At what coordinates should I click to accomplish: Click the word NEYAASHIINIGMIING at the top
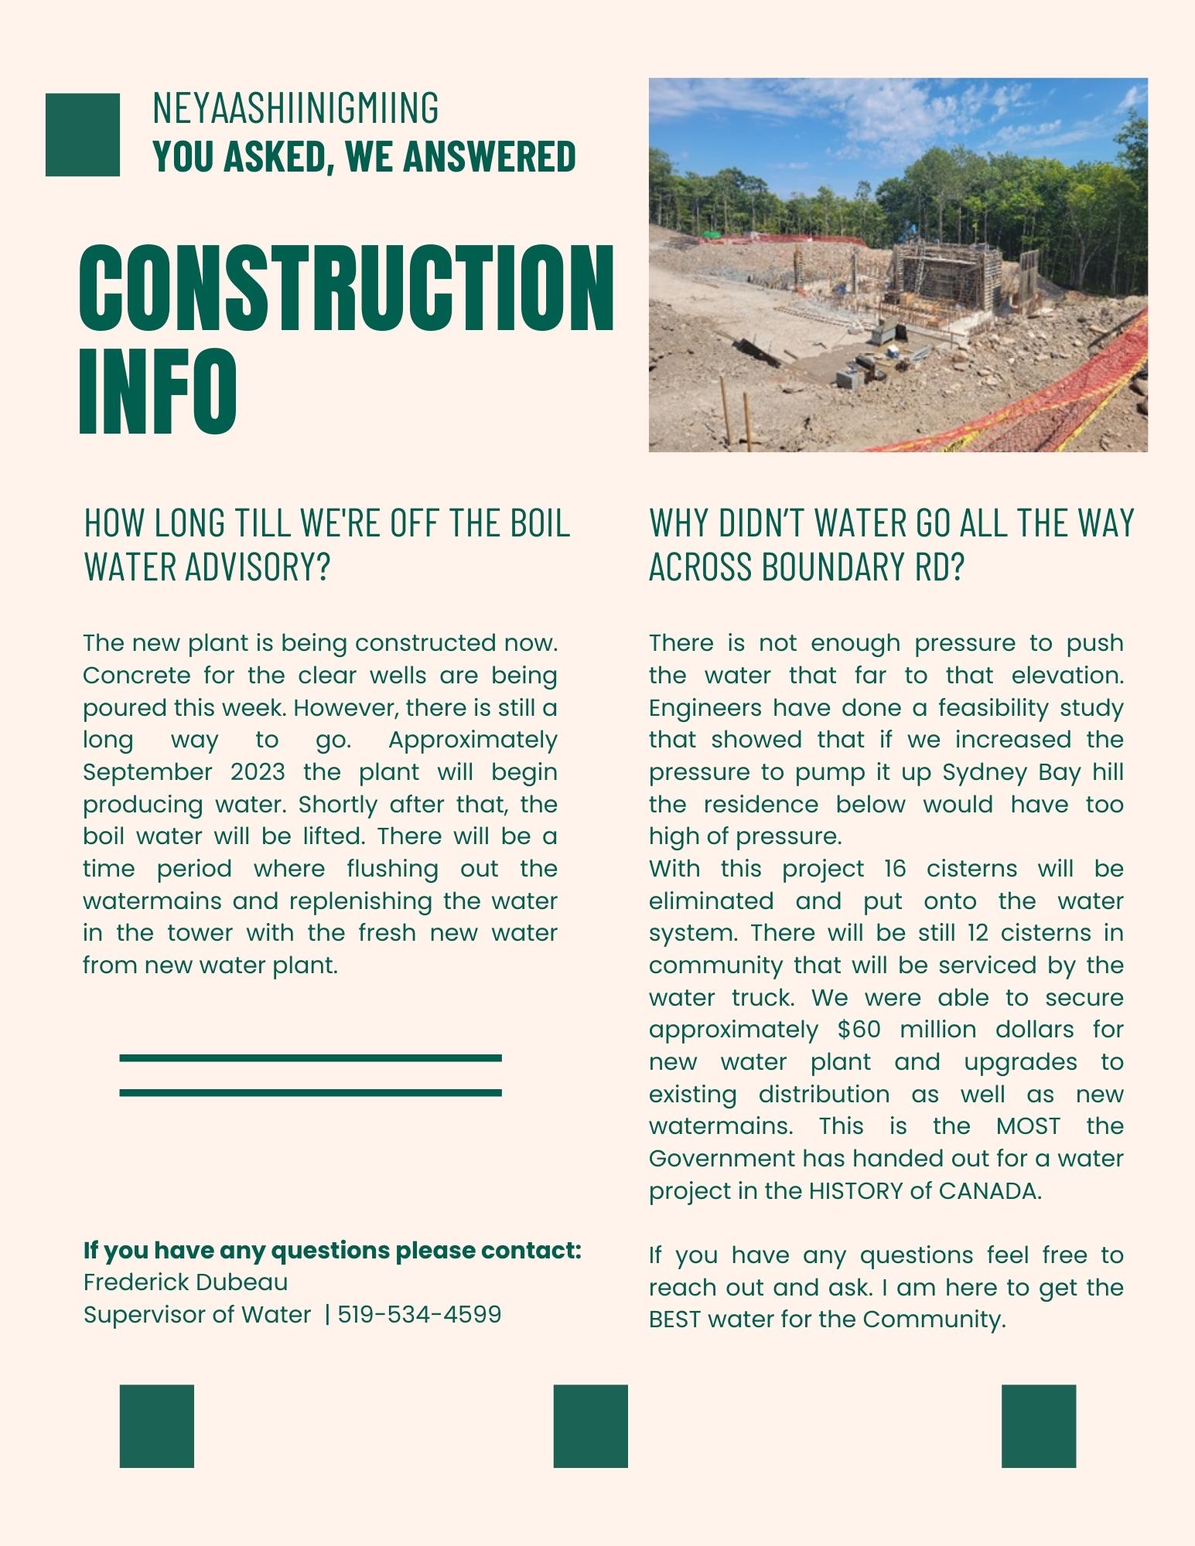(295, 108)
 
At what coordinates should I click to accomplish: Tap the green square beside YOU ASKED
(83, 135)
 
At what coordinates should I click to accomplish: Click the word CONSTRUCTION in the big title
(347, 288)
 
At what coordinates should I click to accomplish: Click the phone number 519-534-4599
(419, 1314)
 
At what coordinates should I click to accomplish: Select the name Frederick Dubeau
(186, 1282)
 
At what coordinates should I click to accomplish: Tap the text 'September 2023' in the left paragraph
(183, 772)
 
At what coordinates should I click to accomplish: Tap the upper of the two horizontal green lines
(310, 1057)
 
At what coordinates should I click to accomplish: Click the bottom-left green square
(156, 1426)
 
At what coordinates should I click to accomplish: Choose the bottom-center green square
(590, 1426)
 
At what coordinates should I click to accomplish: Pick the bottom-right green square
(1038, 1426)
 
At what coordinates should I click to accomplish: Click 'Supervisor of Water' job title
(197, 1314)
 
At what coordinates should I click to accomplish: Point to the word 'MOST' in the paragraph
(1028, 1126)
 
